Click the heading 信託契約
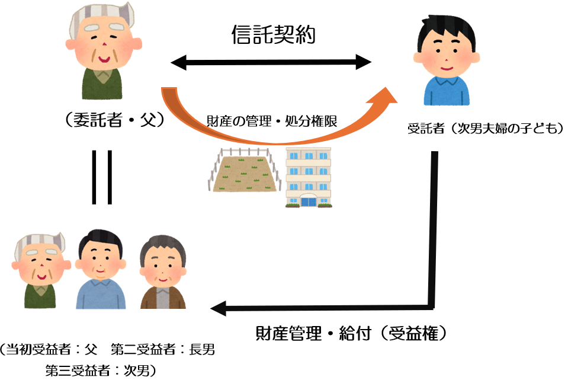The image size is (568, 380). pos(272,35)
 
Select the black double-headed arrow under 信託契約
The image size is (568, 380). pos(271,61)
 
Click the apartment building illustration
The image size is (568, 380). pos(309,177)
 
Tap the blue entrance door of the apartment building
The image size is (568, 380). pos(309,200)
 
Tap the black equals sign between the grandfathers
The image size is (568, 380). pos(101,177)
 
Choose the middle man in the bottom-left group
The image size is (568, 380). pos(100,269)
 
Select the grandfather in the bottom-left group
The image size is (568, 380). pos(40,270)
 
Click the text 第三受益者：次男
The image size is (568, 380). pos(98,371)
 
